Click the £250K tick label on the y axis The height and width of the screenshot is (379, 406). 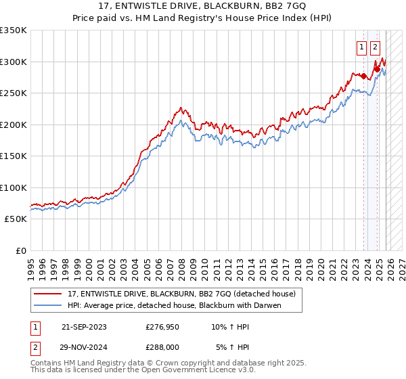point(14,93)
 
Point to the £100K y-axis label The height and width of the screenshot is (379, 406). point(14,188)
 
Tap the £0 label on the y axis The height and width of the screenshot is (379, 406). point(20,251)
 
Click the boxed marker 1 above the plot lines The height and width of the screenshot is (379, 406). point(361,47)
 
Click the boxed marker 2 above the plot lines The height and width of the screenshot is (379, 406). point(375,47)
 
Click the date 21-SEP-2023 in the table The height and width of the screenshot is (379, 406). point(84,327)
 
